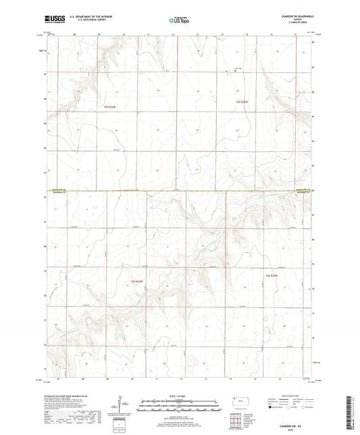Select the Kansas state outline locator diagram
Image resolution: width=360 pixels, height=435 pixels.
(238, 401)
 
